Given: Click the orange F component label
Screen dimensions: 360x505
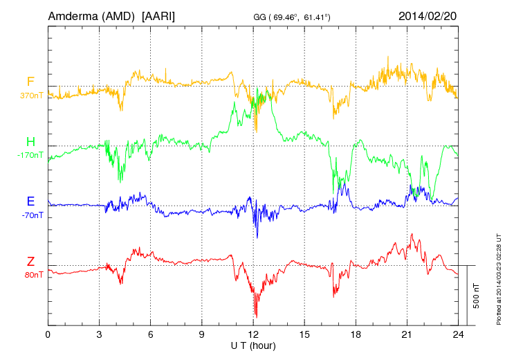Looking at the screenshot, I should click(x=30, y=82).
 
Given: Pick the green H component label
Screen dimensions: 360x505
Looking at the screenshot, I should click(x=30, y=142).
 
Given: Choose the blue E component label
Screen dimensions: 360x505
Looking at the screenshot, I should click(x=30, y=201).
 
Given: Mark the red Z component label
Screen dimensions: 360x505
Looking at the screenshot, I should click(x=30, y=262).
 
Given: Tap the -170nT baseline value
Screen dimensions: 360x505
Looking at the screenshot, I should click(x=30, y=155).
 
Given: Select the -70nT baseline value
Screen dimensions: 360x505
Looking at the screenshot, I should click(x=33, y=215).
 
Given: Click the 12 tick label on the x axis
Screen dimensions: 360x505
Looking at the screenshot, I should click(x=253, y=335).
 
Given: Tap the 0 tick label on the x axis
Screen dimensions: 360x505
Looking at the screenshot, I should click(x=48, y=335).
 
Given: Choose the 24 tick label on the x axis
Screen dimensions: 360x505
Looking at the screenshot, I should click(x=458, y=335).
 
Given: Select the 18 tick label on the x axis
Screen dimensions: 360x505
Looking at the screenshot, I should click(x=356, y=335).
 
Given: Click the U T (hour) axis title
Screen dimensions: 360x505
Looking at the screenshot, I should click(x=253, y=345).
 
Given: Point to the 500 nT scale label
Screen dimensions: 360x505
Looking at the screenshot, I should click(x=476, y=296).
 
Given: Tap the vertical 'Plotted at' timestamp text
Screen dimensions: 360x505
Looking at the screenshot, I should click(x=498, y=277).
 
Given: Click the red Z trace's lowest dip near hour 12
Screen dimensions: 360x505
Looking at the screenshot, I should click(x=257, y=316).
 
